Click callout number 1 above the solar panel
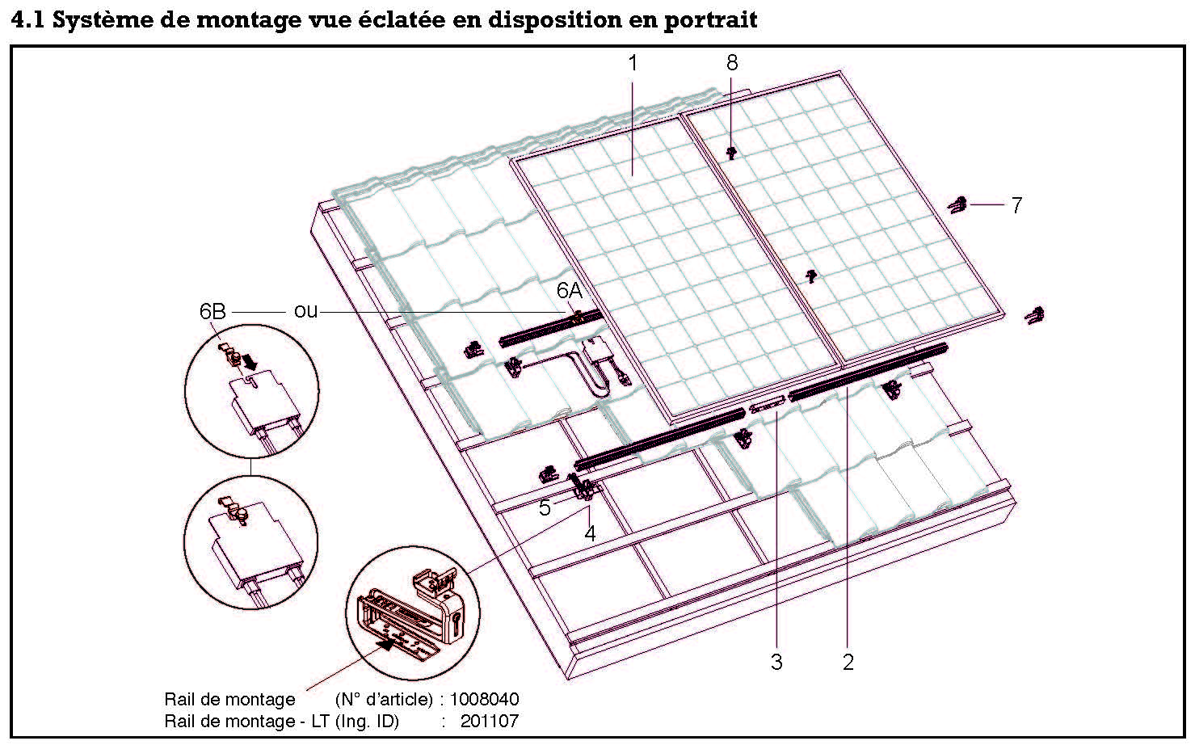633,63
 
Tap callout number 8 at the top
732,63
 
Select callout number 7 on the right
1016,206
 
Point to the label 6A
569,290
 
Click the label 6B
212,311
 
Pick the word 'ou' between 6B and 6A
305,311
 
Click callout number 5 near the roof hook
545,507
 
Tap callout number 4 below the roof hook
591,533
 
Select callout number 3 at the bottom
776,663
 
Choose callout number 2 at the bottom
848,663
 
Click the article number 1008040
484,699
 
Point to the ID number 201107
490,721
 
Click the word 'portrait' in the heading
710,19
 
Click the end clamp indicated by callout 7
958,205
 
